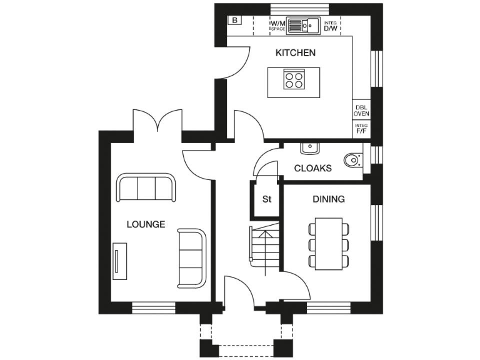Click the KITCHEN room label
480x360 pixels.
click(296, 53)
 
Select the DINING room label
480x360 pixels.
click(328, 199)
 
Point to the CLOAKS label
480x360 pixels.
click(312, 168)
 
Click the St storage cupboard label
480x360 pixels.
click(267, 200)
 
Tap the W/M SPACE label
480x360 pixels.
click(277, 26)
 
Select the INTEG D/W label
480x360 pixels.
click(331, 26)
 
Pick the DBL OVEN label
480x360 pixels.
click(361, 111)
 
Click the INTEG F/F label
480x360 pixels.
click(361, 129)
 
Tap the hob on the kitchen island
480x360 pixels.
click(294, 80)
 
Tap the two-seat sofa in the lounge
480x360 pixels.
click(192, 257)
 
